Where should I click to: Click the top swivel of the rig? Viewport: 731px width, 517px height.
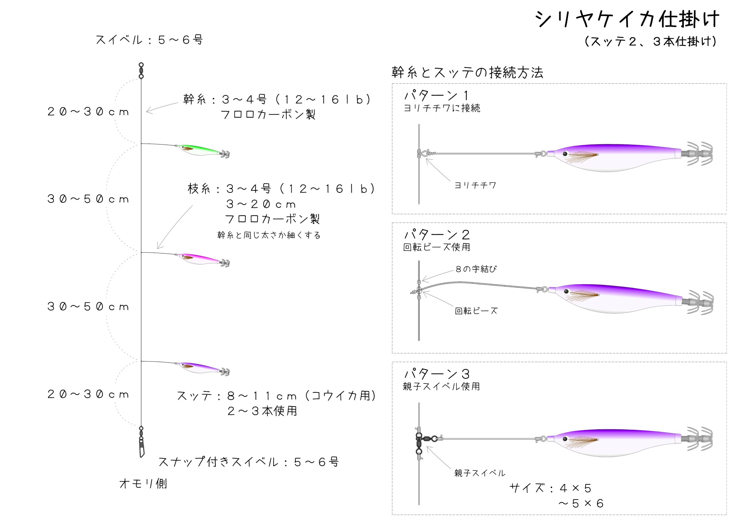pyautogui.click(x=141, y=70)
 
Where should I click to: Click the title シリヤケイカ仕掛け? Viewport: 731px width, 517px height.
pyautogui.click(x=626, y=19)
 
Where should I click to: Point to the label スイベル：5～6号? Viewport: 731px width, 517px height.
pyautogui.click(x=149, y=40)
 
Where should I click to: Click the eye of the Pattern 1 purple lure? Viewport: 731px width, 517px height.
pyautogui.click(x=565, y=154)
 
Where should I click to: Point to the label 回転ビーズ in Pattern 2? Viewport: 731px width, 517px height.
pyautogui.click(x=476, y=311)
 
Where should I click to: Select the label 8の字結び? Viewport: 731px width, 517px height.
pyautogui.click(x=476, y=269)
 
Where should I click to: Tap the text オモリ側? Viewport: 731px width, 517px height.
pyautogui.click(x=143, y=484)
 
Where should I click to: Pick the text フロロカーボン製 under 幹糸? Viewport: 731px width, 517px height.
pyautogui.click(x=268, y=114)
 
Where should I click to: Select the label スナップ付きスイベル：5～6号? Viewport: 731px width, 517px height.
pyautogui.click(x=248, y=462)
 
